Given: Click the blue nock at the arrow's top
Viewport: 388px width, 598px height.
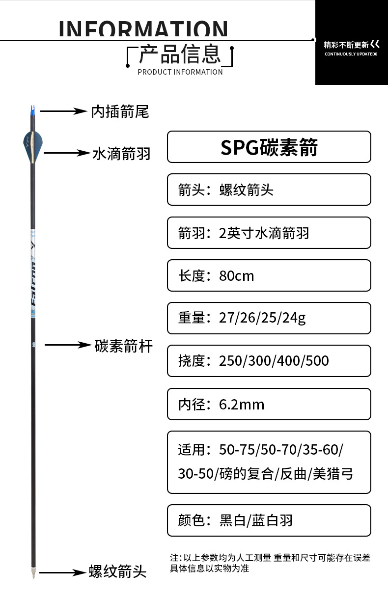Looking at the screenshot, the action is pyautogui.click(x=32, y=111).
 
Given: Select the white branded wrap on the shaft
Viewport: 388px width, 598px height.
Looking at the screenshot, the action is pyautogui.click(x=33, y=274).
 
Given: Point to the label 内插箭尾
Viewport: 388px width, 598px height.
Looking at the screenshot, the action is pyautogui.click(x=120, y=111).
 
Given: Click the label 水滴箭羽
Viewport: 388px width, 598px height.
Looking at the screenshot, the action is pyautogui.click(x=121, y=154).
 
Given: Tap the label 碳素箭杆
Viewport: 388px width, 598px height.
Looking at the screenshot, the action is pyautogui.click(x=123, y=346).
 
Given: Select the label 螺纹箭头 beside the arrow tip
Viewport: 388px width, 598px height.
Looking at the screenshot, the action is pyautogui.click(x=118, y=571).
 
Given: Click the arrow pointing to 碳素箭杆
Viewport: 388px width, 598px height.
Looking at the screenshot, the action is pyautogui.click(x=68, y=345).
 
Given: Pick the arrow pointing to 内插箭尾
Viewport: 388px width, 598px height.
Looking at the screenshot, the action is pyautogui.click(x=64, y=111).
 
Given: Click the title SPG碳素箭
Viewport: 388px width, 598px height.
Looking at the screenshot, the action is pyautogui.click(x=269, y=147).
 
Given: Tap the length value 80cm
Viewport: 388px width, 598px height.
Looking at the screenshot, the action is pyautogui.click(x=237, y=276).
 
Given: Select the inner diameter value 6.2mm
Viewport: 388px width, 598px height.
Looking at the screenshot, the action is pyautogui.click(x=242, y=405).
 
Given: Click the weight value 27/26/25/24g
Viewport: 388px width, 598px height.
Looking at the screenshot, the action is pyautogui.click(x=262, y=318).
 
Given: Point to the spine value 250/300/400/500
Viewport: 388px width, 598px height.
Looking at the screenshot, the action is pyautogui.click(x=274, y=361).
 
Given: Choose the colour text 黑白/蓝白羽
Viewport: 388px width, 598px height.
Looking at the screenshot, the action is pyautogui.click(x=256, y=520).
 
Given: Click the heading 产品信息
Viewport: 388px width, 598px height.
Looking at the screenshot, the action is pyautogui.click(x=180, y=54).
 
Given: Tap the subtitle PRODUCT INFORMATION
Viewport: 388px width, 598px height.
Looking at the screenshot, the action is pyautogui.click(x=180, y=72).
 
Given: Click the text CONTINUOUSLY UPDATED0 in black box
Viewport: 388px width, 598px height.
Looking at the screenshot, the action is pyautogui.click(x=351, y=54).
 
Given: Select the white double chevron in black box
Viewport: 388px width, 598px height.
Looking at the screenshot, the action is pyautogui.click(x=375, y=44).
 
